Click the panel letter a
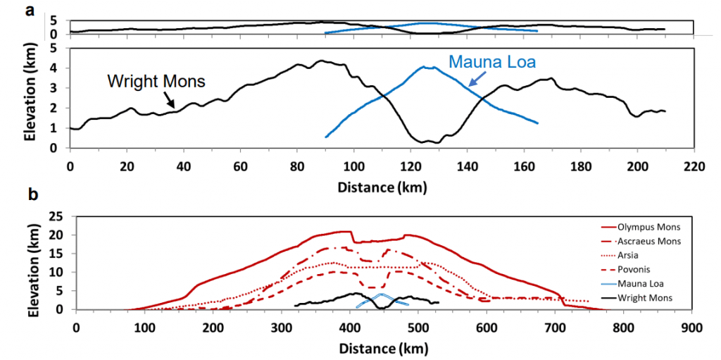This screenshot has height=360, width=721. coord(29,11)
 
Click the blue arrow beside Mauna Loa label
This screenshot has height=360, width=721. coord(459,79)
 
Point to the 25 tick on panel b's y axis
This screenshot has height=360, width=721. coord(59,216)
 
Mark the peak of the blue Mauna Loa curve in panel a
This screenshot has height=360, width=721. coord(425,67)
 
